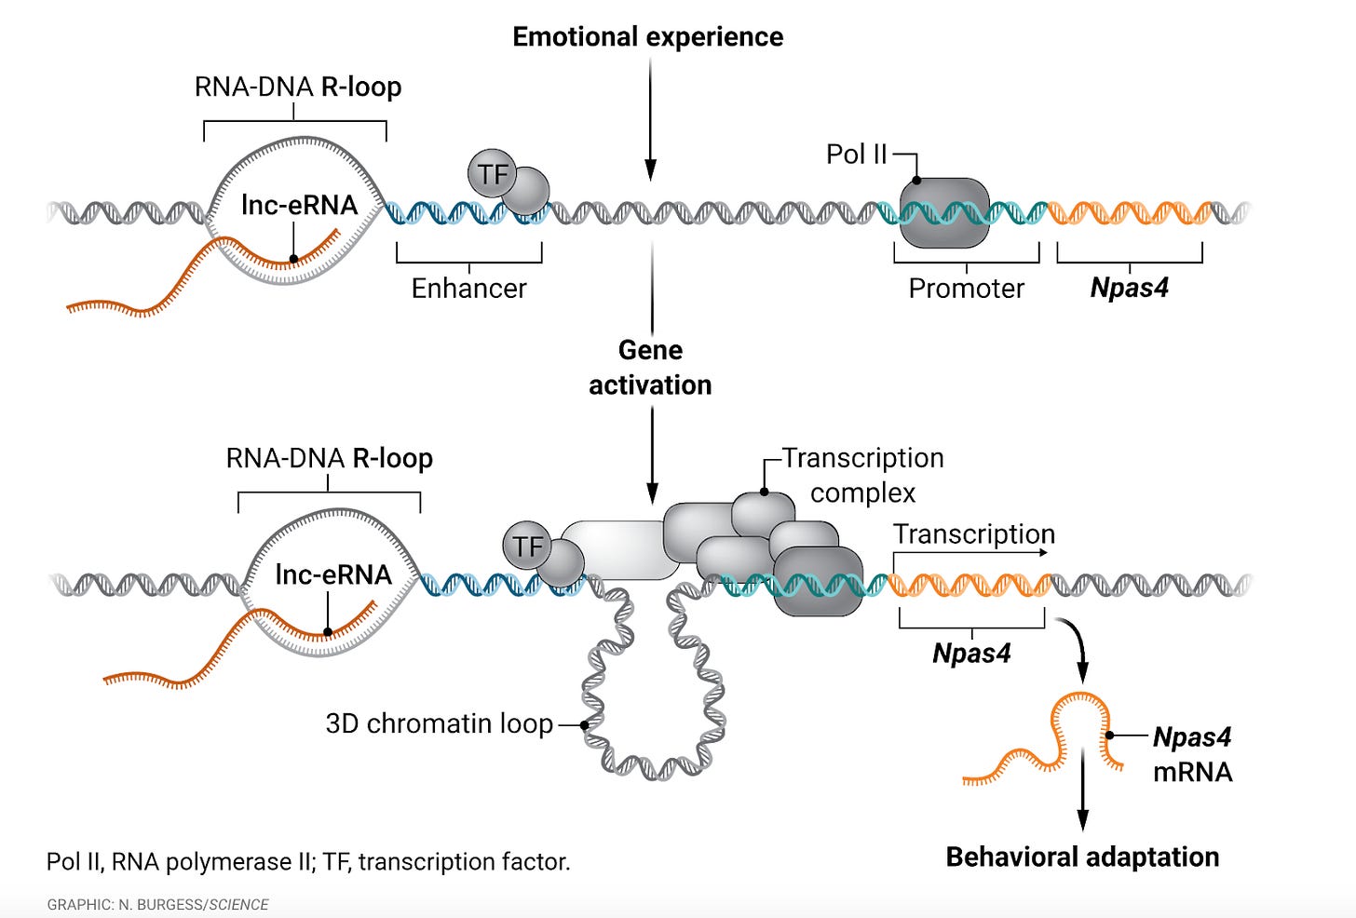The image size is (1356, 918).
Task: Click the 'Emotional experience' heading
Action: (648, 37)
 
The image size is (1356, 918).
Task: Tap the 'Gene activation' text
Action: (650, 368)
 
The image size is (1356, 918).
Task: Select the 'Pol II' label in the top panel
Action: (856, 155)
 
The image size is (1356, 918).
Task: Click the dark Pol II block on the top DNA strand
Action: (944, 213)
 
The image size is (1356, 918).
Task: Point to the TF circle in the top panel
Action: (492, 174)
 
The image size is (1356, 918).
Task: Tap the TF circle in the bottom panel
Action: (527, 546)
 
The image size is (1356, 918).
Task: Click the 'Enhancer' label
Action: (469, 288)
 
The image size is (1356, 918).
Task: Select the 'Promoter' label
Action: (966, 288)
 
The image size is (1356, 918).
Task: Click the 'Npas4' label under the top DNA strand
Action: (1129, 288)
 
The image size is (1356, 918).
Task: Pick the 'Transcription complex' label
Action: (862, 475)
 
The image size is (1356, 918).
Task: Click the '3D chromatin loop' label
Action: (440, 723)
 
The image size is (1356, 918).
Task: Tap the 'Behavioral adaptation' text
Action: (1082, 857)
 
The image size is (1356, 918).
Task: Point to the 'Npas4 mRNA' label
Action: (1192, 754)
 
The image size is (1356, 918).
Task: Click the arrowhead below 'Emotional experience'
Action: (650, 169)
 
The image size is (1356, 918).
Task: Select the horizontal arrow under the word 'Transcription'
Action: (970, 552)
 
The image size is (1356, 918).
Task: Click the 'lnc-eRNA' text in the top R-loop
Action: (299, 205)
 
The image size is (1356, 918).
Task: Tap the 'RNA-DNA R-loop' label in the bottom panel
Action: (330, 458)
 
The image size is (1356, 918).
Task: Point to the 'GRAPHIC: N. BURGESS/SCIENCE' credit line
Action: (157, 905)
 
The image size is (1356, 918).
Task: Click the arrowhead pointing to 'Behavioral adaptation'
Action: (1083, 820)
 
